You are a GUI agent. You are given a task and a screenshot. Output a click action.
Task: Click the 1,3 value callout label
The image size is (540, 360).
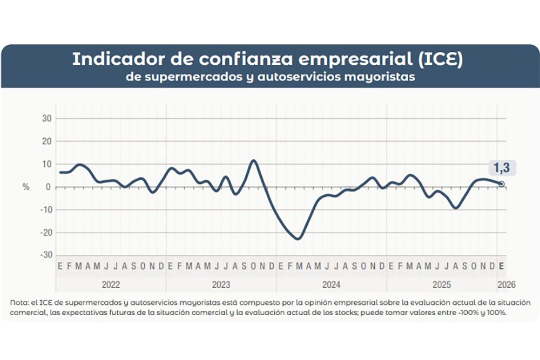(x=502, y=168)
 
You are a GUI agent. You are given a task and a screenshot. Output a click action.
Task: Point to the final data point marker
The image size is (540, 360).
(x=502, y=184)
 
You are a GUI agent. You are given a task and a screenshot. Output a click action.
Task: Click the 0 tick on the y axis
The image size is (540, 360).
(x=49, y=187)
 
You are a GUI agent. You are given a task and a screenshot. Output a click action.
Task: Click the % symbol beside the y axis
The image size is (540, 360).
(x=26, y=187)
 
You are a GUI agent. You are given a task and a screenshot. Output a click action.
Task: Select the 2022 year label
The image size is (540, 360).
(x=111, y=284)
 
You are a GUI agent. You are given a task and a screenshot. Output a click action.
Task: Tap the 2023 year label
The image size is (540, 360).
(x=221, y=284)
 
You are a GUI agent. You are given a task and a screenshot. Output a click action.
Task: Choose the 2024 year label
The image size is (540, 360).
(x=331, y=284)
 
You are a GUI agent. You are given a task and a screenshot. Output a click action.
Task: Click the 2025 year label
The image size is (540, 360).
(x=441, y=284)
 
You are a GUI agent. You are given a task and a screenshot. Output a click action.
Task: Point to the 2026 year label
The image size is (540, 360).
(x=502, y=284)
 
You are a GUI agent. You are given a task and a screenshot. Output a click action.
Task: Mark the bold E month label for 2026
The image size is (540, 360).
(x=502, y=266)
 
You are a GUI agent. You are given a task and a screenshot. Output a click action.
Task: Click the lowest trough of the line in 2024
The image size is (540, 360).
(x=298, y=239)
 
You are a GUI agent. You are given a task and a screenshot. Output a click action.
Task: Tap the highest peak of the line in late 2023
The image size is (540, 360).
(x=253, y=160)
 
